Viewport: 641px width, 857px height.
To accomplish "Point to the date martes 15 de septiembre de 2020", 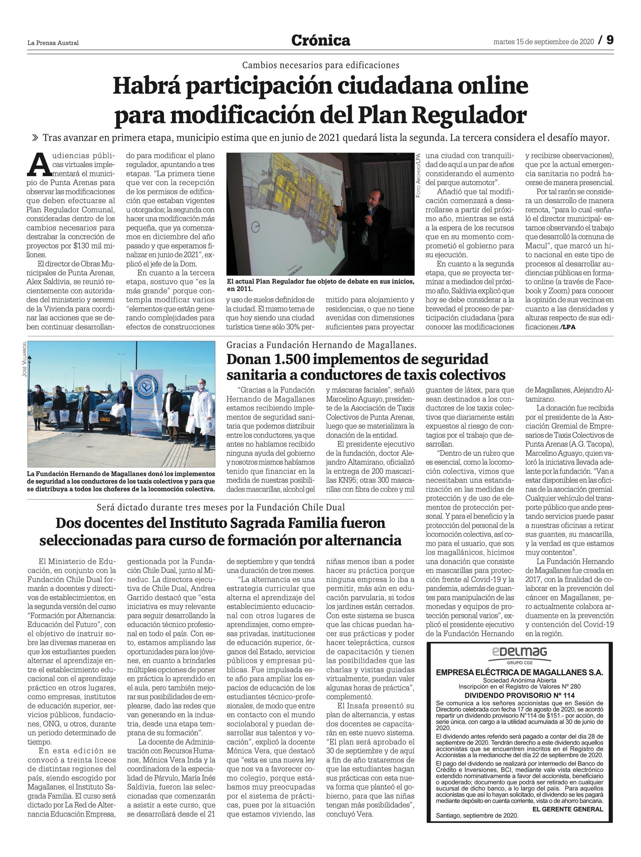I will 543,42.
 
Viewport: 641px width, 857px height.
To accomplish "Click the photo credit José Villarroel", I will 25,359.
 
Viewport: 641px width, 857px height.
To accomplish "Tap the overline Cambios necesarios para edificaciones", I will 320,65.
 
